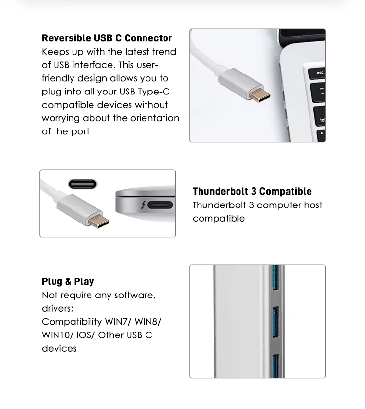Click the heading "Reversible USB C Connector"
(107, 38)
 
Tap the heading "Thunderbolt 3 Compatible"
(252, 191)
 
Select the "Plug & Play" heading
(68, 282)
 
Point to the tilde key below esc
(319, 93)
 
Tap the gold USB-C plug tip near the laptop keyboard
(259, 95)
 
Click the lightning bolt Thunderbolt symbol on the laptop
(143, 205)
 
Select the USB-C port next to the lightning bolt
(160, 205)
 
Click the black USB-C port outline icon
(83, 184)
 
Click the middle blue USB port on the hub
(276, 322)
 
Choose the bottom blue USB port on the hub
(276, 366)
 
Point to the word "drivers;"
(57, 309)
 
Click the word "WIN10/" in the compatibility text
(57, 335)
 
